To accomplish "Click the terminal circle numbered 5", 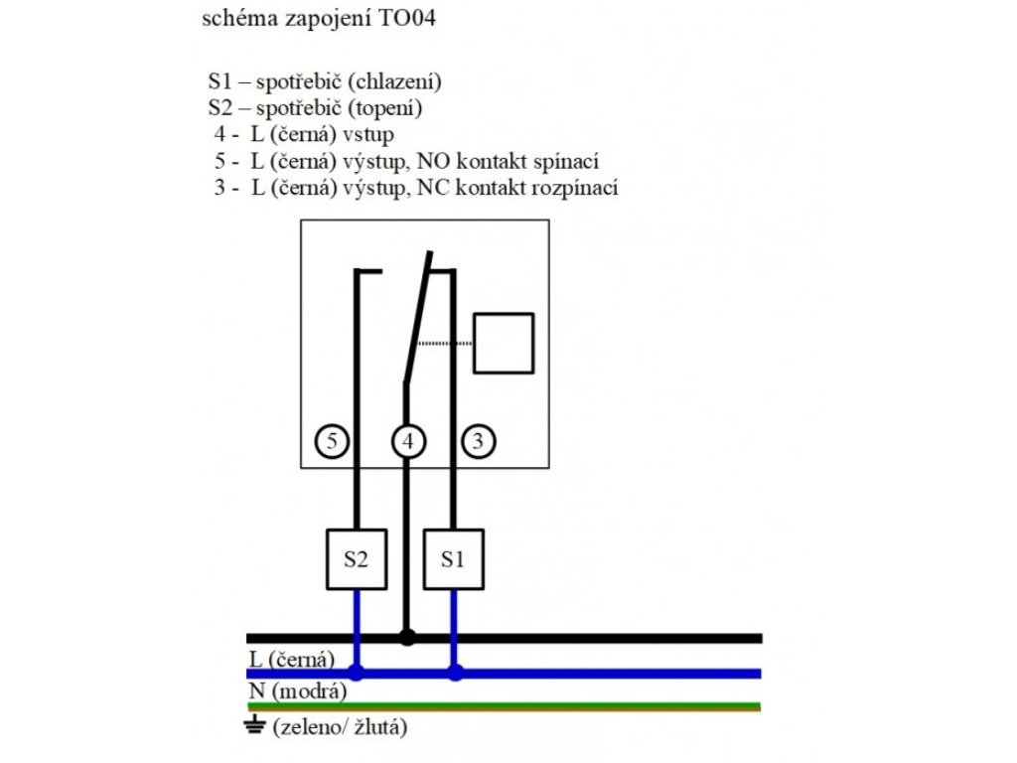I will [334, 440].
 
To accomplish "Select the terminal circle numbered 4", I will [406, 440].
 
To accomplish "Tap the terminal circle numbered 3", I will [478, 440].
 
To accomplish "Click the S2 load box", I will [357, 558].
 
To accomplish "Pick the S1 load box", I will [454, 558].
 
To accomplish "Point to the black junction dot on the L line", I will [406, 637].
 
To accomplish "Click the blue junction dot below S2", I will [357, 673].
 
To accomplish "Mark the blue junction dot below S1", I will [455, 673].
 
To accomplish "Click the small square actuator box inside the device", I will [504, 343].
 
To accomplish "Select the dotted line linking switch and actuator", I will [443, 343].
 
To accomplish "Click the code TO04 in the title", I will [407, 19].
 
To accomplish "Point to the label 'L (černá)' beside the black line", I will [291, 658].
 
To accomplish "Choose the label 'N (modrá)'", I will [296, 691].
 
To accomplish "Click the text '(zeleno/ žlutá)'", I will [339, 727].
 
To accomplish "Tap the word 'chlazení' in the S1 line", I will [400, 81].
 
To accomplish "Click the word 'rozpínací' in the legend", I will [577, 188].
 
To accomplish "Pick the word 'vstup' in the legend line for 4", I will [375, 135].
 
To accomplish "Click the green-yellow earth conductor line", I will [596, 706].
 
